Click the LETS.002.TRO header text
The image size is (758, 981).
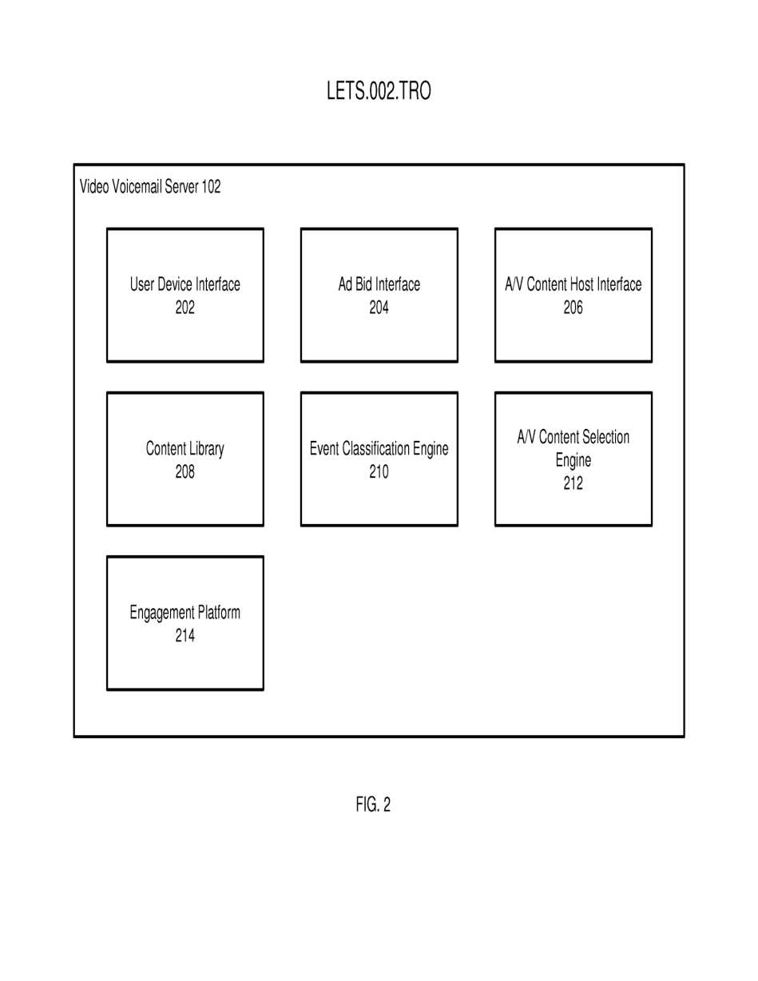pos(379,91)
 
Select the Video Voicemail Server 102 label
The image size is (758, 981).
pos(150,186)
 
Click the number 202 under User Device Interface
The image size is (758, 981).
pos(185,308)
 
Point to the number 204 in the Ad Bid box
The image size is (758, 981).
pos(379,308)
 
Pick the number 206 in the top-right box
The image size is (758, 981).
pos(573,308)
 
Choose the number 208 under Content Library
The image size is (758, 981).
pos(185,472)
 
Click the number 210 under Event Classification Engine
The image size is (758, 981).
pos(379,472)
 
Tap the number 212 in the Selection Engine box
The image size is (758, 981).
pos(573,483)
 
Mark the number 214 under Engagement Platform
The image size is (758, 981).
pos(185,636)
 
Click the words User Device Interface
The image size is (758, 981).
pos(185,284)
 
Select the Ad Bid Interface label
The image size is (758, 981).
pos(379,284)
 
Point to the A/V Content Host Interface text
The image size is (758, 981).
pos(573,284)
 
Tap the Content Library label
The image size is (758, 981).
pos(185,449)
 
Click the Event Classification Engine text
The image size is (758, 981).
pos(379,449)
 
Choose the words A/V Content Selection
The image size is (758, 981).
pos(573,437)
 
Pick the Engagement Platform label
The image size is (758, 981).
pos(185,613)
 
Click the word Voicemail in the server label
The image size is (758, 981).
pos(137,186)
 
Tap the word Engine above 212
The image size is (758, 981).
pos(573,461)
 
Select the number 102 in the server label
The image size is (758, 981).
pos(211,186)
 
